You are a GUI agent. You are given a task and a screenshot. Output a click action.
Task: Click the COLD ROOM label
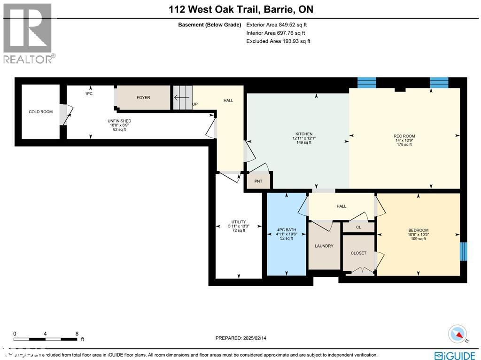tap(40, 112)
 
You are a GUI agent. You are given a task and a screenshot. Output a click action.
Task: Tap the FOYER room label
tap(143, 98)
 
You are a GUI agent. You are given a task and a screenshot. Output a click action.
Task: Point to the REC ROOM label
tap(404, 136)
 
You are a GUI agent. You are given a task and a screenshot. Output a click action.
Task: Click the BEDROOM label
tap(418, 230)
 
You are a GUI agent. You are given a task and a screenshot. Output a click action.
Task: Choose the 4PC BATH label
tap(286, 230)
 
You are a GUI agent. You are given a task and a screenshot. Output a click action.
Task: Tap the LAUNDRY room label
tap(324, 246)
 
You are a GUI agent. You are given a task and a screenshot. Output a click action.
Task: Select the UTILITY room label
tap(239, 222)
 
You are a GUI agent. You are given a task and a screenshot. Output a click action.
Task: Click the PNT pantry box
tap(258, 181)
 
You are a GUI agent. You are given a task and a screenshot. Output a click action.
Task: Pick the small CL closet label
tap(358, 227)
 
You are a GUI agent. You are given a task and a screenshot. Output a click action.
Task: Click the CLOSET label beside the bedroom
tap(358, 253)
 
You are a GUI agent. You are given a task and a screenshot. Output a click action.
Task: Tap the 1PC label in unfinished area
tap(88, 94)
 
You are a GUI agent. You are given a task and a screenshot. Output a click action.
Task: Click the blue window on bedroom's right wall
tap(464, 251)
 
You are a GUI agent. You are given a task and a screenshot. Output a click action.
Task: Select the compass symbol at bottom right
tap(457, 334)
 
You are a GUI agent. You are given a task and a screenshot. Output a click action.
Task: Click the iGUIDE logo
tap(455, 355)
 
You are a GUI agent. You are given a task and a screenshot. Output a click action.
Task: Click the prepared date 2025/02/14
tap(240, 338)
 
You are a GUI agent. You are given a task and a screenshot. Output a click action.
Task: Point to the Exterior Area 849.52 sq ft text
tap(277, 25)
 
